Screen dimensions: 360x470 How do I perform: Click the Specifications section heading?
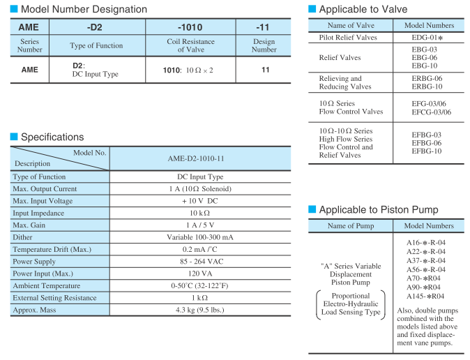pos(52,137)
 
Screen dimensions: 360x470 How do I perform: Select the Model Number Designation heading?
pos(83,9)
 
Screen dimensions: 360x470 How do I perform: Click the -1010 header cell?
pos(190,27)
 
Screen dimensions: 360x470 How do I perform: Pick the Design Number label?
pos(264,46)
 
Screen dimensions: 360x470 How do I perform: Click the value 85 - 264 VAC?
pos(200,262)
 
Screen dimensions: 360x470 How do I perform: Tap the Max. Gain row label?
pos(31,225)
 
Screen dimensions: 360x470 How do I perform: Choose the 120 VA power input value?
pos(200,274)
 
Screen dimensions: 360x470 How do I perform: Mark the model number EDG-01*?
pos(427,37)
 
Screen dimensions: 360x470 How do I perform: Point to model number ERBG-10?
pos(427,87)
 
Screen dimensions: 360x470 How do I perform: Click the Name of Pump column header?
pos(351,226)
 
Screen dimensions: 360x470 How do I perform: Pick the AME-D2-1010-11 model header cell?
pos(200,158)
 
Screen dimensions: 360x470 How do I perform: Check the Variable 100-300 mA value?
pos(200,238)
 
